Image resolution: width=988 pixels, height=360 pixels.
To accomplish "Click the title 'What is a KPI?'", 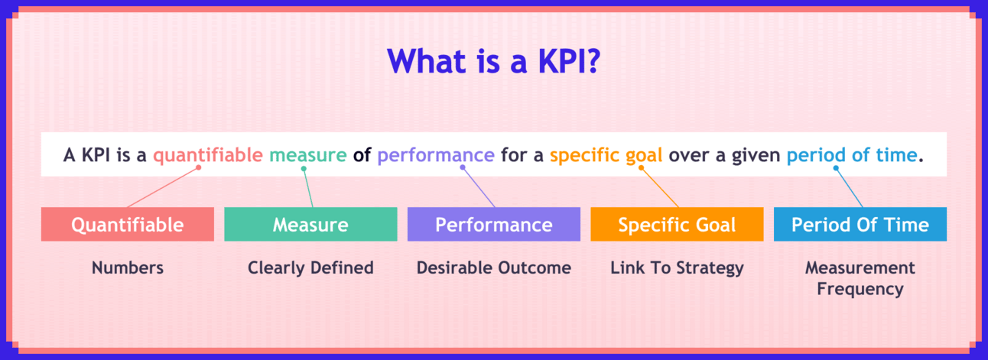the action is tap(493, 61).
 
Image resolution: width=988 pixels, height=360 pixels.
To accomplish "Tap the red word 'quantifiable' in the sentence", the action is tap(208, 155).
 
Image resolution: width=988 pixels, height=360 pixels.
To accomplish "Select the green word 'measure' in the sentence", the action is tap(308, 155).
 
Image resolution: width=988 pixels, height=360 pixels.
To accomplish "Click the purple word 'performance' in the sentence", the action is tap(436, 156).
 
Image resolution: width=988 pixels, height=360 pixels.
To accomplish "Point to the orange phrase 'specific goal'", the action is tap(606, 156).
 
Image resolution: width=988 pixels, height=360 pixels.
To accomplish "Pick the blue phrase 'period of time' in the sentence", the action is tap(852, 155).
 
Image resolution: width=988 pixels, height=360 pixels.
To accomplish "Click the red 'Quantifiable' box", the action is tap(128, 224).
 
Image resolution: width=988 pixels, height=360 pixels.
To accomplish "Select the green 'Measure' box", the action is tap(310, 224).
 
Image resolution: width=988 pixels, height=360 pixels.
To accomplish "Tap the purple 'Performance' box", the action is tap(494, 224).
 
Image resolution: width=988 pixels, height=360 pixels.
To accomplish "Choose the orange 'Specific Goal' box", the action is tap(677, 224).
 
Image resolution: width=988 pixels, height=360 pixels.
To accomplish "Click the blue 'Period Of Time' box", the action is tap(860, 224).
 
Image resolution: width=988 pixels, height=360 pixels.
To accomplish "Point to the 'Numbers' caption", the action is tap(128, 268).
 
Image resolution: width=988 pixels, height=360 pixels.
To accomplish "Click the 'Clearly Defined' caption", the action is tap(310, 268).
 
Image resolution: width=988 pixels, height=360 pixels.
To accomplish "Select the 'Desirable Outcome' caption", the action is tap(494, 268).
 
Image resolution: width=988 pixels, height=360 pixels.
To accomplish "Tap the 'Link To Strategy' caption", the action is tap(677, 268).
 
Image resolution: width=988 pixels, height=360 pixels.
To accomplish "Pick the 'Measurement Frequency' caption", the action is tap(860, 278).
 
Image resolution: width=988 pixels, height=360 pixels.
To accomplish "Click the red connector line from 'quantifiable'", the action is tap(163, 187).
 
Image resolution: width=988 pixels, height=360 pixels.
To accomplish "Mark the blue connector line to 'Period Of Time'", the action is tap(849, 187).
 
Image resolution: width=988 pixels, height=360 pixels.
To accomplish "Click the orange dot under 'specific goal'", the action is tap(642, 168).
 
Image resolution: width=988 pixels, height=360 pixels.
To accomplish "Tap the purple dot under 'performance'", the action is tap(463, 167).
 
